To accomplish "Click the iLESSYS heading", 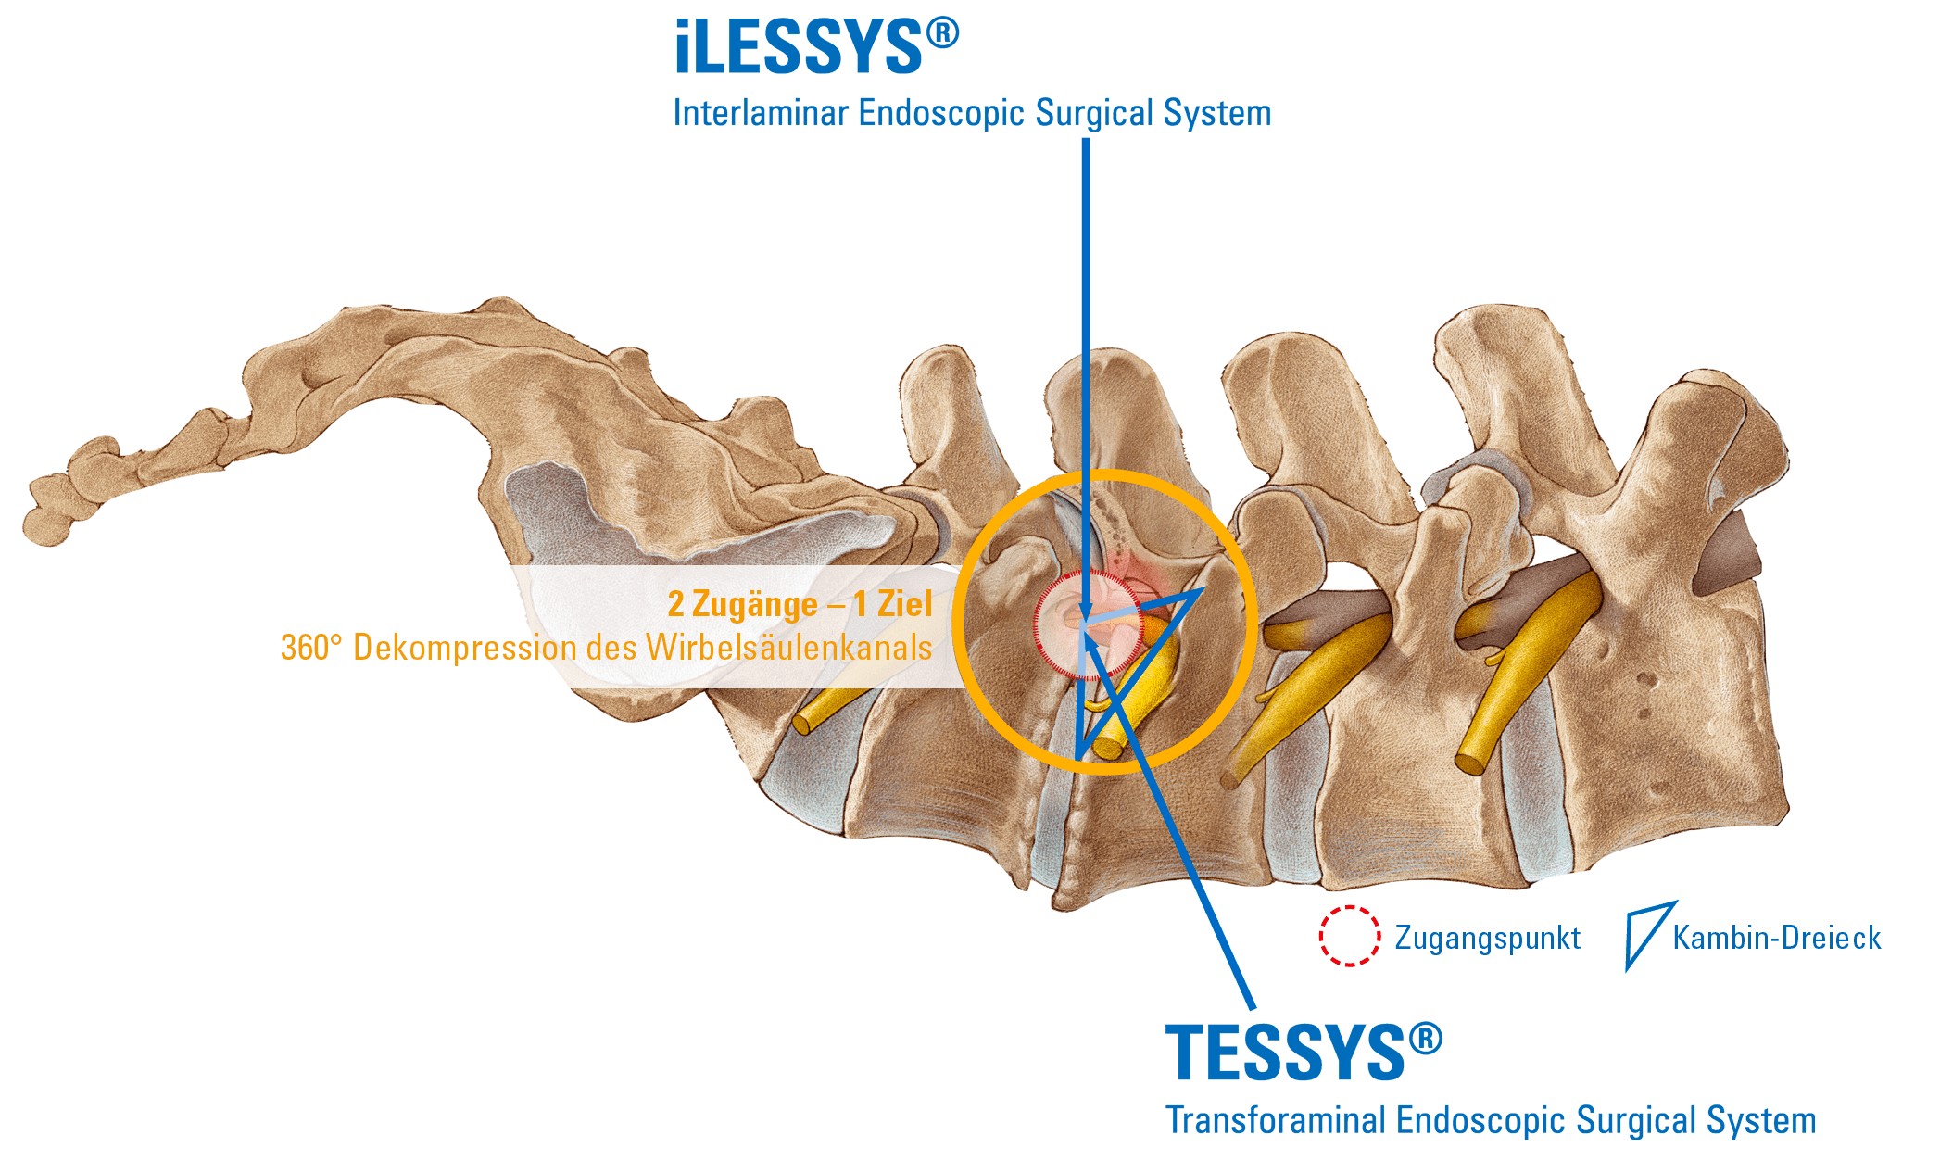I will pos(799,48).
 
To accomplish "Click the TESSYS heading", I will pos(1286,1053).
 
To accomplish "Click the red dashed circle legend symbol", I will pos(1349,936).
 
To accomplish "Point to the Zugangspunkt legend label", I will pos(1487,938).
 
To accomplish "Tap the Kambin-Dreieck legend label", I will pos(1776,938).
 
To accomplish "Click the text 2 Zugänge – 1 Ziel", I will pos(800,604).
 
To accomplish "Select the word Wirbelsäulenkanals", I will pos(788,647).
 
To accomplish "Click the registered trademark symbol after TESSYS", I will pos(1425,1038).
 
